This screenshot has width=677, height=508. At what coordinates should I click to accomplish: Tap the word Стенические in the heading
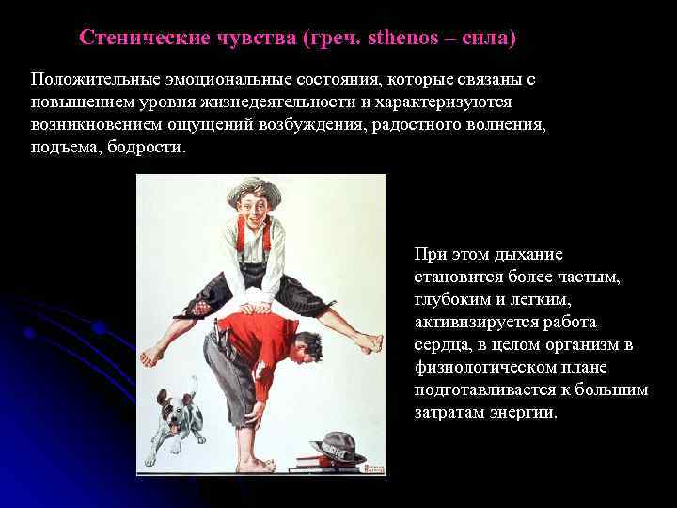click(136, 39)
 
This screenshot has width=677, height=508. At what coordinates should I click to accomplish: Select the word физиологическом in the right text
click(483, 368)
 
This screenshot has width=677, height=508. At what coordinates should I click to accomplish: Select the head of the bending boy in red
click(306, 351)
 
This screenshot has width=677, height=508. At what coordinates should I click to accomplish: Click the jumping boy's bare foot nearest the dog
click(150, 356)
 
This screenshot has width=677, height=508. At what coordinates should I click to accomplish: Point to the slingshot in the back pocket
click(218, 329)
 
